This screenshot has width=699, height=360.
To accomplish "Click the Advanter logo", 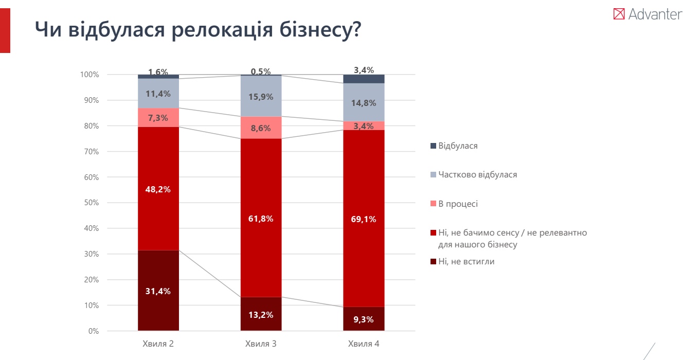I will point(648,14).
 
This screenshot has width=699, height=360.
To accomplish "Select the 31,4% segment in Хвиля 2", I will point(158,291).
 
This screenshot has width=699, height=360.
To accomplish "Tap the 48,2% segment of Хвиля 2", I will point(158,189).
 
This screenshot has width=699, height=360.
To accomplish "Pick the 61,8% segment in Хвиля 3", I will point(261,218).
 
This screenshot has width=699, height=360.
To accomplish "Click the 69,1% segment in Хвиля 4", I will point(364,219).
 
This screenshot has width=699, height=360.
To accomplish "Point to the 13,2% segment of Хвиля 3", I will point(261,314).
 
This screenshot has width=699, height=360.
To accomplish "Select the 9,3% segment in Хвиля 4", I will point(364,319).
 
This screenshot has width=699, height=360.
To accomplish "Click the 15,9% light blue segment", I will point(261,96).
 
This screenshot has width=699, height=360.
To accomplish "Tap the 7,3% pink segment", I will point(158,118).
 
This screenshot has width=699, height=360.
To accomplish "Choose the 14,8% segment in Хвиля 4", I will point(364,102).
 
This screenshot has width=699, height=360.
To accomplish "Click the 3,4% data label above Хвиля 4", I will point(364,70).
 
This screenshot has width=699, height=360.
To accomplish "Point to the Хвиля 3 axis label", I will point(261,344).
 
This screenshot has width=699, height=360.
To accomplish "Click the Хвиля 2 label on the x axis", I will point(158,344).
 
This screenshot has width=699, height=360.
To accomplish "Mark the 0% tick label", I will point(93,331).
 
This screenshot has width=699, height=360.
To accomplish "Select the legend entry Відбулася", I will point(457,146).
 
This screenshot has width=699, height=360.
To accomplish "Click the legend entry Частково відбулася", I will point(477,174).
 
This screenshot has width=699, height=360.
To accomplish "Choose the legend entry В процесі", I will point(457,204).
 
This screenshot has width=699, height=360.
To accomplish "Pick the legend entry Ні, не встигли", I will point(465,261).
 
